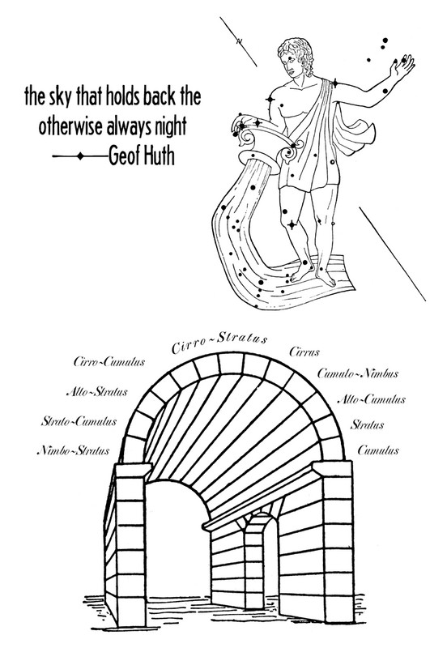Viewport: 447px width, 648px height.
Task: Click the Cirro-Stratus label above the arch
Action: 219,343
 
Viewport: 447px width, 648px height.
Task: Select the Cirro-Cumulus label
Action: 109,362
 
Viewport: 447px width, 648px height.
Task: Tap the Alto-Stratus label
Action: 97,391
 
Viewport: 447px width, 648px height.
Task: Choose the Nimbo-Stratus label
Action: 74,450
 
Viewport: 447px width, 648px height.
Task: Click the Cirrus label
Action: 304,352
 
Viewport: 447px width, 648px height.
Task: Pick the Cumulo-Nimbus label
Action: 358,373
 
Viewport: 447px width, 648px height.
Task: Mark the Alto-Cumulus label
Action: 372,399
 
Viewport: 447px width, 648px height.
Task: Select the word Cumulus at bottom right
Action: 378,450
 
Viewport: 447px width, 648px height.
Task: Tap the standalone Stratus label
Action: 368,424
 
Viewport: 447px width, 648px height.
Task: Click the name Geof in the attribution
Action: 124,156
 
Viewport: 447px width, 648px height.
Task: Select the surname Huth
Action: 159,156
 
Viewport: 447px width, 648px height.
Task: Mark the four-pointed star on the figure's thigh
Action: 292,225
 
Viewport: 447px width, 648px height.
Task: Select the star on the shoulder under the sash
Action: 335,84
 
